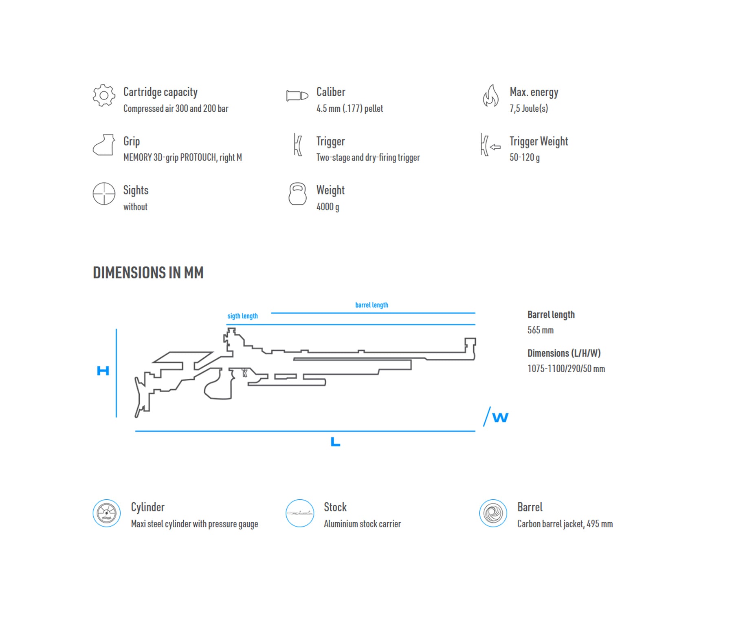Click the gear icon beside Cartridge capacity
pyautogui.click(x=104, y=95)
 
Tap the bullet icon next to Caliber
pyautogui.click(x=297, y=96)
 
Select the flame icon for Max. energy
pyautogui.click(x=491, y=95)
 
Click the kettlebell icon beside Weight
pyautogui.click(x=297, y=194)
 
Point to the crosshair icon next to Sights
pyautogui.click(x=104, y=194)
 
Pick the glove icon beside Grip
pyautogui.click(x=104, y=145)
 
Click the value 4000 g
pyautogui.click(x=328, y=207)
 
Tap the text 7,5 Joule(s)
pyautogui.click(x=529, y=108)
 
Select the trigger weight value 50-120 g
pyautogui.click(x=525, y=157)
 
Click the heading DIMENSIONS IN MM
pyautogui.click(x=148, y=273)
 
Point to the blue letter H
pyautogui.click(x=103, y=371)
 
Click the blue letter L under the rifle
pyautogui.click(x=335, y=441)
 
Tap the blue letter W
pyautogui.click(x=500, y=417)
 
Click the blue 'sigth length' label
pyautogui.click(x=242, y=316)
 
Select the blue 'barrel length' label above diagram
pyautogui.click(x=371, y=305)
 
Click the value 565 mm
pyautogui.click(x=541, y=330)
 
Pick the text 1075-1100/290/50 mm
pyautogui.click(x=566, y=369)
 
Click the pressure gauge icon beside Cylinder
pyautogui.click(x=107, y=513)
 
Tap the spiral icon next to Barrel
pyautogui.click(x=493, y=513)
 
